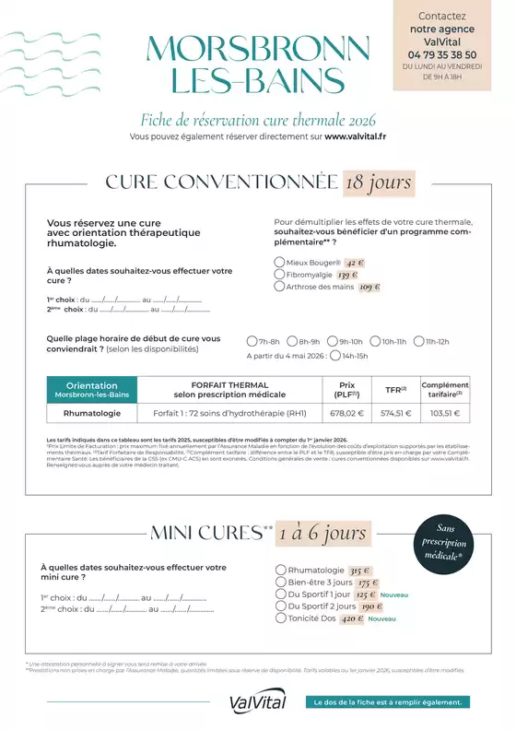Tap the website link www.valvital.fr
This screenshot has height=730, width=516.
(x=355, y=136)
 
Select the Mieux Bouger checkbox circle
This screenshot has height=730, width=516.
(x=279, y=262)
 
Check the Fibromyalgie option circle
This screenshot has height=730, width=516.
(x=279, y=274)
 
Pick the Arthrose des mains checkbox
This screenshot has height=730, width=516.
(x=279, y=287)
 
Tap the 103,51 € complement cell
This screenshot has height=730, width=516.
(x=445, y=414)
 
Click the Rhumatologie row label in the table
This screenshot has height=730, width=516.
(x=91, y=414)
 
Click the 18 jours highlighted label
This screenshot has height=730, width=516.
(x=378, y=182)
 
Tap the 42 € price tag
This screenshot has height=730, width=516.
(x=356, y=262)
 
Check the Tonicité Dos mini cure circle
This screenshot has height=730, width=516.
(x=281, y=618)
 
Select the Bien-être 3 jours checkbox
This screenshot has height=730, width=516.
(x=281, y=583)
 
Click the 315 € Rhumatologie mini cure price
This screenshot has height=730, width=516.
(x=360, y=571)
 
